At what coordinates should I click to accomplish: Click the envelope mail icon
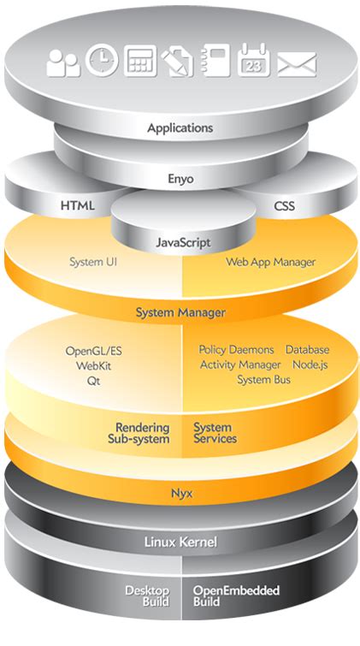(297, 63)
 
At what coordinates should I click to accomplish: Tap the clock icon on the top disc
(102, 60)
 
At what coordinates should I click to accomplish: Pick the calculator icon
(140, 61)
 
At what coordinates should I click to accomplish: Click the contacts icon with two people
(63, 63)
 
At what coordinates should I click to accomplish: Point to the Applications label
(180, 128)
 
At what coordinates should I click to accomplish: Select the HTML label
(78, 206)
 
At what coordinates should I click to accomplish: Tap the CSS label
(284, 206)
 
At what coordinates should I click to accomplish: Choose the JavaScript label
(183, 243)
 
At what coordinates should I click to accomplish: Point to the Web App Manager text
(270, 262)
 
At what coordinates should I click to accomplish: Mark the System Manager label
(180, 312)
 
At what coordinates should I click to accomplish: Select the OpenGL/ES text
(94, 351)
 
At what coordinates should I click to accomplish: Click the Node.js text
(310, 364)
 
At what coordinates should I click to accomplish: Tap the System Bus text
(263, 379)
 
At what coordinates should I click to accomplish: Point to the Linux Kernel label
(180, 542)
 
